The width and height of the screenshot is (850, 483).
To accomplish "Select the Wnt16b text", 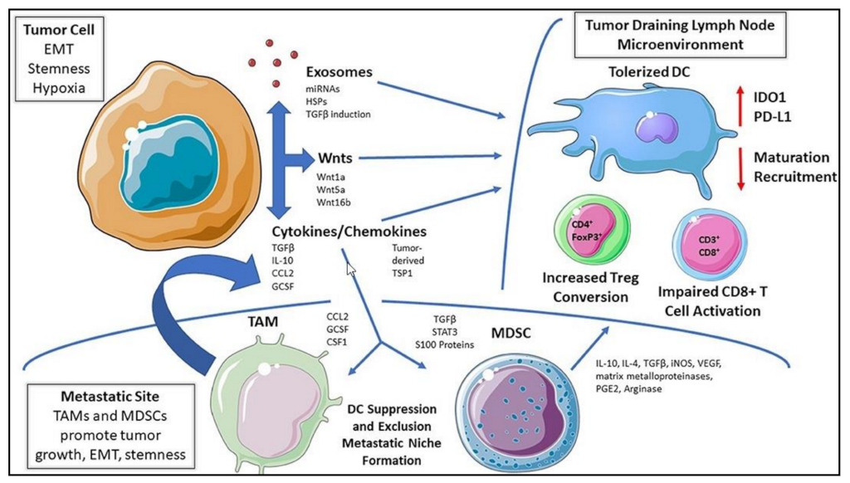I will pyautogui.click(x=331, y=202).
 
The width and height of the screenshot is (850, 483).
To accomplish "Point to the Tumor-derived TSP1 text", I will pyautogui.click(x=411, y=258).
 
